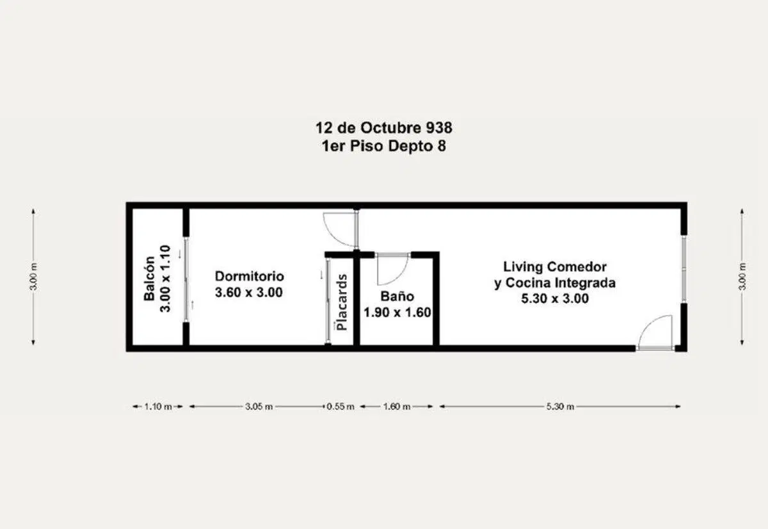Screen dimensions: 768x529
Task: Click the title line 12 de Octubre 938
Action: click(x=383, y=128)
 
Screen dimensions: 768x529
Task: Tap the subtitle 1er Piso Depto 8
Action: click(x=383, y=146)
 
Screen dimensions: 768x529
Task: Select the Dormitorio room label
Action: click(x=249, y=276)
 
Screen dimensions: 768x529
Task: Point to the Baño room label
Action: click(x=397, y=296)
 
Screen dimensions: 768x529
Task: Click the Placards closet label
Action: click(x=342, y=302)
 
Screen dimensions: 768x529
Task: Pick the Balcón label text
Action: click(x=149, y=279)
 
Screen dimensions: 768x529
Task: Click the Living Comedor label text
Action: click(x=555, y=266)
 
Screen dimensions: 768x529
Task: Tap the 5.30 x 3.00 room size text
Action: click(x=555, y=298)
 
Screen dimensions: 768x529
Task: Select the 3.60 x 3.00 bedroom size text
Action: click(x=249, y=292)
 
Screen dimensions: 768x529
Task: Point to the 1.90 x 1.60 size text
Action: click(x=397, y=313)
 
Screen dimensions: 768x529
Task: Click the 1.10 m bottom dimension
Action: click(x=158, y=407)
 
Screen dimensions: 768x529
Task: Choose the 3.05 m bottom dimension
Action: click(x=259, y=407)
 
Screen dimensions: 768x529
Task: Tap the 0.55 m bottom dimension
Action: click(x=340, y=407)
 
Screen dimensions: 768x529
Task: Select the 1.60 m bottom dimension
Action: click(x=397, y=407)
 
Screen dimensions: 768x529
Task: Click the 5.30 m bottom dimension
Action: click(x=560, y=407)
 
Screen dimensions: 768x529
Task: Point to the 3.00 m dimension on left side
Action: click(x=33, y=277)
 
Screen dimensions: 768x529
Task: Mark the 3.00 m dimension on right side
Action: click(x=742, y=277)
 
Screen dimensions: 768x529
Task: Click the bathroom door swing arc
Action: click(x=399, y=276)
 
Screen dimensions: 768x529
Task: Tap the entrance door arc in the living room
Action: click(x=646, y=323)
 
